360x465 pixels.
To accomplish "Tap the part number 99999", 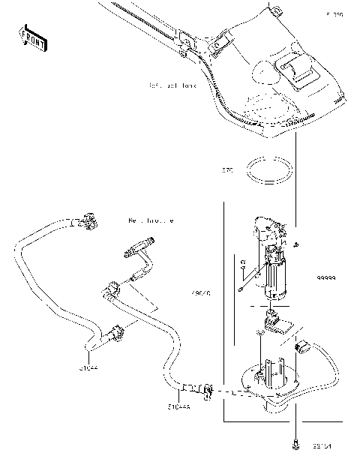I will [325, 277].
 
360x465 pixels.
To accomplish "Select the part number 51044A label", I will [178, 407].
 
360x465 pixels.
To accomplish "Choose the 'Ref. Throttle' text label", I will [151, 221].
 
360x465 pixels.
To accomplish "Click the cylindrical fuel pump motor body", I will [277, 277].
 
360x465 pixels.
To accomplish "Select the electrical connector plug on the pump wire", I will [304, 346].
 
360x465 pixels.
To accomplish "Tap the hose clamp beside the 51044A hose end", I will [205, 388].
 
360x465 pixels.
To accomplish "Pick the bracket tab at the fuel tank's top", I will [276, 10].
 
